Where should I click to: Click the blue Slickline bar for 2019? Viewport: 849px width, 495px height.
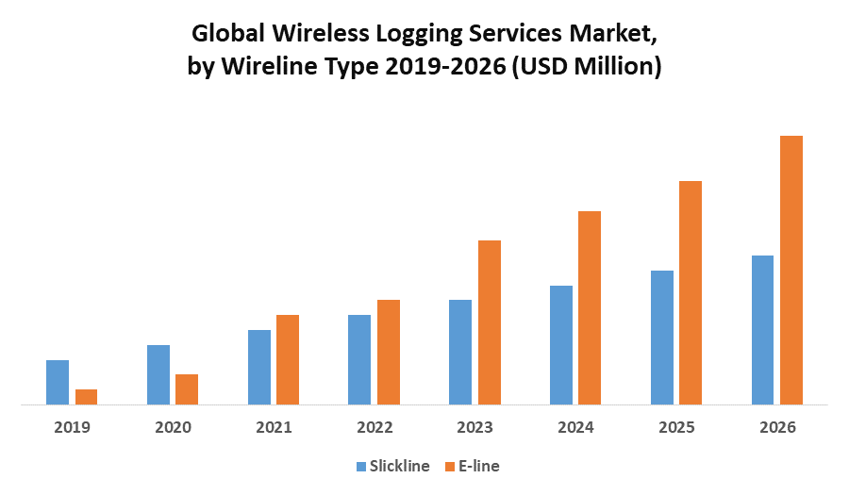[58, 382]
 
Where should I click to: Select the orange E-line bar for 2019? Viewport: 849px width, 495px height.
[86, 397]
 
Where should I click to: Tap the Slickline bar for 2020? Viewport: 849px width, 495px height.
[158, 374]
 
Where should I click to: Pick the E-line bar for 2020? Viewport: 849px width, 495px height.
[187, 389]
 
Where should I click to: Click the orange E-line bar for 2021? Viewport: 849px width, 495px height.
[288, 359]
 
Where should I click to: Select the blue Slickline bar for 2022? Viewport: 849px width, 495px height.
[359, 359]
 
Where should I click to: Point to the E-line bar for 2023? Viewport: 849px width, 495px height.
[490, 322]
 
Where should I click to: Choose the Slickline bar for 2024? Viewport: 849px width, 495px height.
[561, 345]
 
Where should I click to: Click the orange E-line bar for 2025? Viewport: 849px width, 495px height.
[691, 292]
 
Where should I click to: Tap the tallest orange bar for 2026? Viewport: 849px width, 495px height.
[791, 270]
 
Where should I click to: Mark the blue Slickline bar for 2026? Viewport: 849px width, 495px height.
[762, 330]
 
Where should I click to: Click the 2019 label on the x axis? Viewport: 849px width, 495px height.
[72, 427]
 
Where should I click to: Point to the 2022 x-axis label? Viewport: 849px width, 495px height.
[375, 427]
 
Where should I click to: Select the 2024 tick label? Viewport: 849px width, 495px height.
[575, 427]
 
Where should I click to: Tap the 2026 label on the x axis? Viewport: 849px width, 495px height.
[777, 427]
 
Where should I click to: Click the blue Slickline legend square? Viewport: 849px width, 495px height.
[361, 466]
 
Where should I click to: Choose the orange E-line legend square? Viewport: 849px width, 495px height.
[450, 466]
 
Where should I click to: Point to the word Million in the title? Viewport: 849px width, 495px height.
[613, 67]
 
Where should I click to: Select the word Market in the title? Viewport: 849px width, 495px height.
[608, 34]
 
